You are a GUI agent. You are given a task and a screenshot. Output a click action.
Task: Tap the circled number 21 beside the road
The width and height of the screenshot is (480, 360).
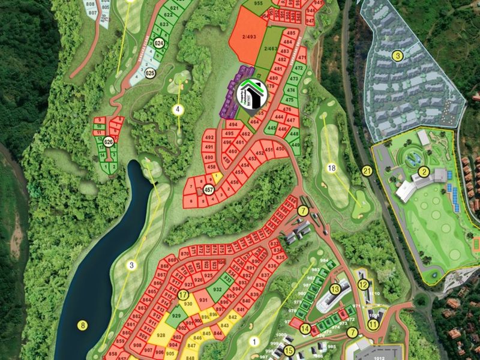point(367,172)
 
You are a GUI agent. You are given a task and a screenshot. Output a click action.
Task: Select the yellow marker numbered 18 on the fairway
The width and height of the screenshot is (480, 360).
point(332,168)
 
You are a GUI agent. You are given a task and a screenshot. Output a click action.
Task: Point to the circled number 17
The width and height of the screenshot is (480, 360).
point(184,295)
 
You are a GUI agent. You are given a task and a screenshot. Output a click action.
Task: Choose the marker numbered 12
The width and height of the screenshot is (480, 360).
point(362,284)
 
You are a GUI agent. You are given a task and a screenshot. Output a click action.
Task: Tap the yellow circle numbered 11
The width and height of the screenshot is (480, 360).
point(373,325)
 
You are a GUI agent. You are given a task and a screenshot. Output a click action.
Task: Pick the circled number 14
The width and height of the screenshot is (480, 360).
point(305,328)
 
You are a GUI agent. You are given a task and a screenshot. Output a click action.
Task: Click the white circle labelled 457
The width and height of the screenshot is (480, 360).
point(209,190)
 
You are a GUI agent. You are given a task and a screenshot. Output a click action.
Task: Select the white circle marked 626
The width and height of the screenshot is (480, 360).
point(109,142)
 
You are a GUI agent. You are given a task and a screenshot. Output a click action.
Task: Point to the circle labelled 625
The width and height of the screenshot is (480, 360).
point(150,74)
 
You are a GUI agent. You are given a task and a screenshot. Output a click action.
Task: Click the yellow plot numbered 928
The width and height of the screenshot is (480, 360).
point(161,336)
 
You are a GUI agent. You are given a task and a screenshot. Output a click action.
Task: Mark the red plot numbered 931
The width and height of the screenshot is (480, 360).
point(203,300)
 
